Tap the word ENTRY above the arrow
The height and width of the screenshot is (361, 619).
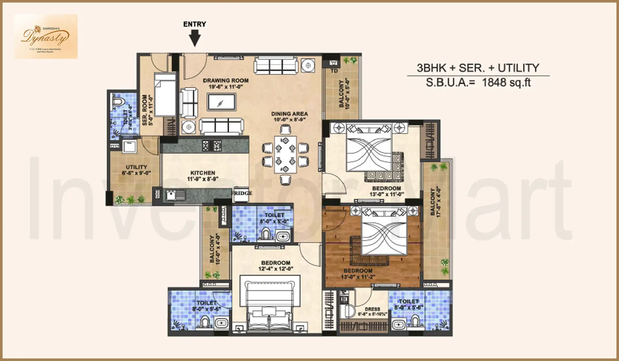195,24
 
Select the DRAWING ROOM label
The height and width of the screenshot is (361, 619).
226,81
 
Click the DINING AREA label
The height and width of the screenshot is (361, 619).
289,114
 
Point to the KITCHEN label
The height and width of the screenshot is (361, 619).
203,173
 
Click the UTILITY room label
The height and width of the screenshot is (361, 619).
136,167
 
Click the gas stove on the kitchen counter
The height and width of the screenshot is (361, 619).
212,145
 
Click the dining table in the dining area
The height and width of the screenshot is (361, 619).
285,155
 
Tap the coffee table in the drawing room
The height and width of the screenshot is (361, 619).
222,102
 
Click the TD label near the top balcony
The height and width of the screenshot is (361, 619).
334,71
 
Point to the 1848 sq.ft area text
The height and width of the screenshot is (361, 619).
506,83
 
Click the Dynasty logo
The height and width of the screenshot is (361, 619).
45,37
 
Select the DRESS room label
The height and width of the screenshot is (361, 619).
372,309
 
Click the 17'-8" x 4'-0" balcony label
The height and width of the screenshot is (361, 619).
435,202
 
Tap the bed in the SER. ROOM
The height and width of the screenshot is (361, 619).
165,94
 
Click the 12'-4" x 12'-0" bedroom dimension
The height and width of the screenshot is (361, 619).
276,269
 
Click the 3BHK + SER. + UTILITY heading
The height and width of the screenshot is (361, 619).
478,68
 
